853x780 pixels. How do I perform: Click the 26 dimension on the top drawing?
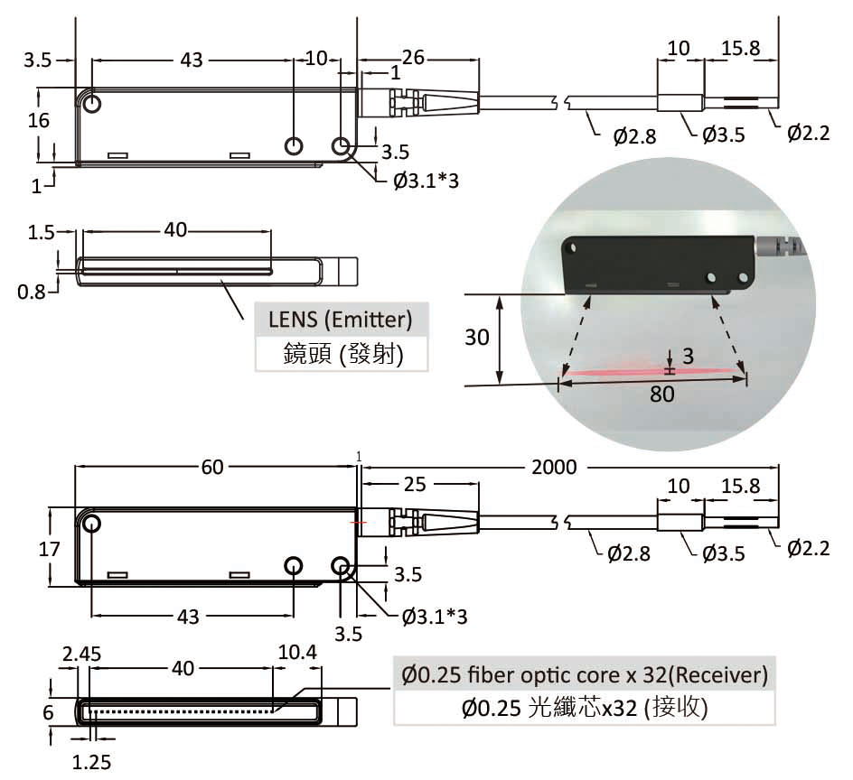point(413,59)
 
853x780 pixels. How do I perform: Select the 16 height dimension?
point(38,120)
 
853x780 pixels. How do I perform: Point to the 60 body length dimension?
point(212,467)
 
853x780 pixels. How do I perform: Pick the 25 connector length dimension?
point(415,485)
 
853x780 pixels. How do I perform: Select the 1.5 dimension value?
point(41,232)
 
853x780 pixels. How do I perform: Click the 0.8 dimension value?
point(32,292)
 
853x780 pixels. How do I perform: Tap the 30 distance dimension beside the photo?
point(476,338)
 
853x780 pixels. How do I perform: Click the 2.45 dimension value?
point(81,653)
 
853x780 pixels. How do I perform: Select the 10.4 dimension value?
point(297,653)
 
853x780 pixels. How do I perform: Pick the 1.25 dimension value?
point(91,762)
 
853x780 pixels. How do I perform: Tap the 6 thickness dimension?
point(48,711)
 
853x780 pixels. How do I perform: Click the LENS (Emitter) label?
point(341,320)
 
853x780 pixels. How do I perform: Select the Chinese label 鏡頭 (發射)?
point(341,353)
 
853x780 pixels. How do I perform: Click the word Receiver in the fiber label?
point(720,674)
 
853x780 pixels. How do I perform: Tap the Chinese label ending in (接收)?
point(583,708)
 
